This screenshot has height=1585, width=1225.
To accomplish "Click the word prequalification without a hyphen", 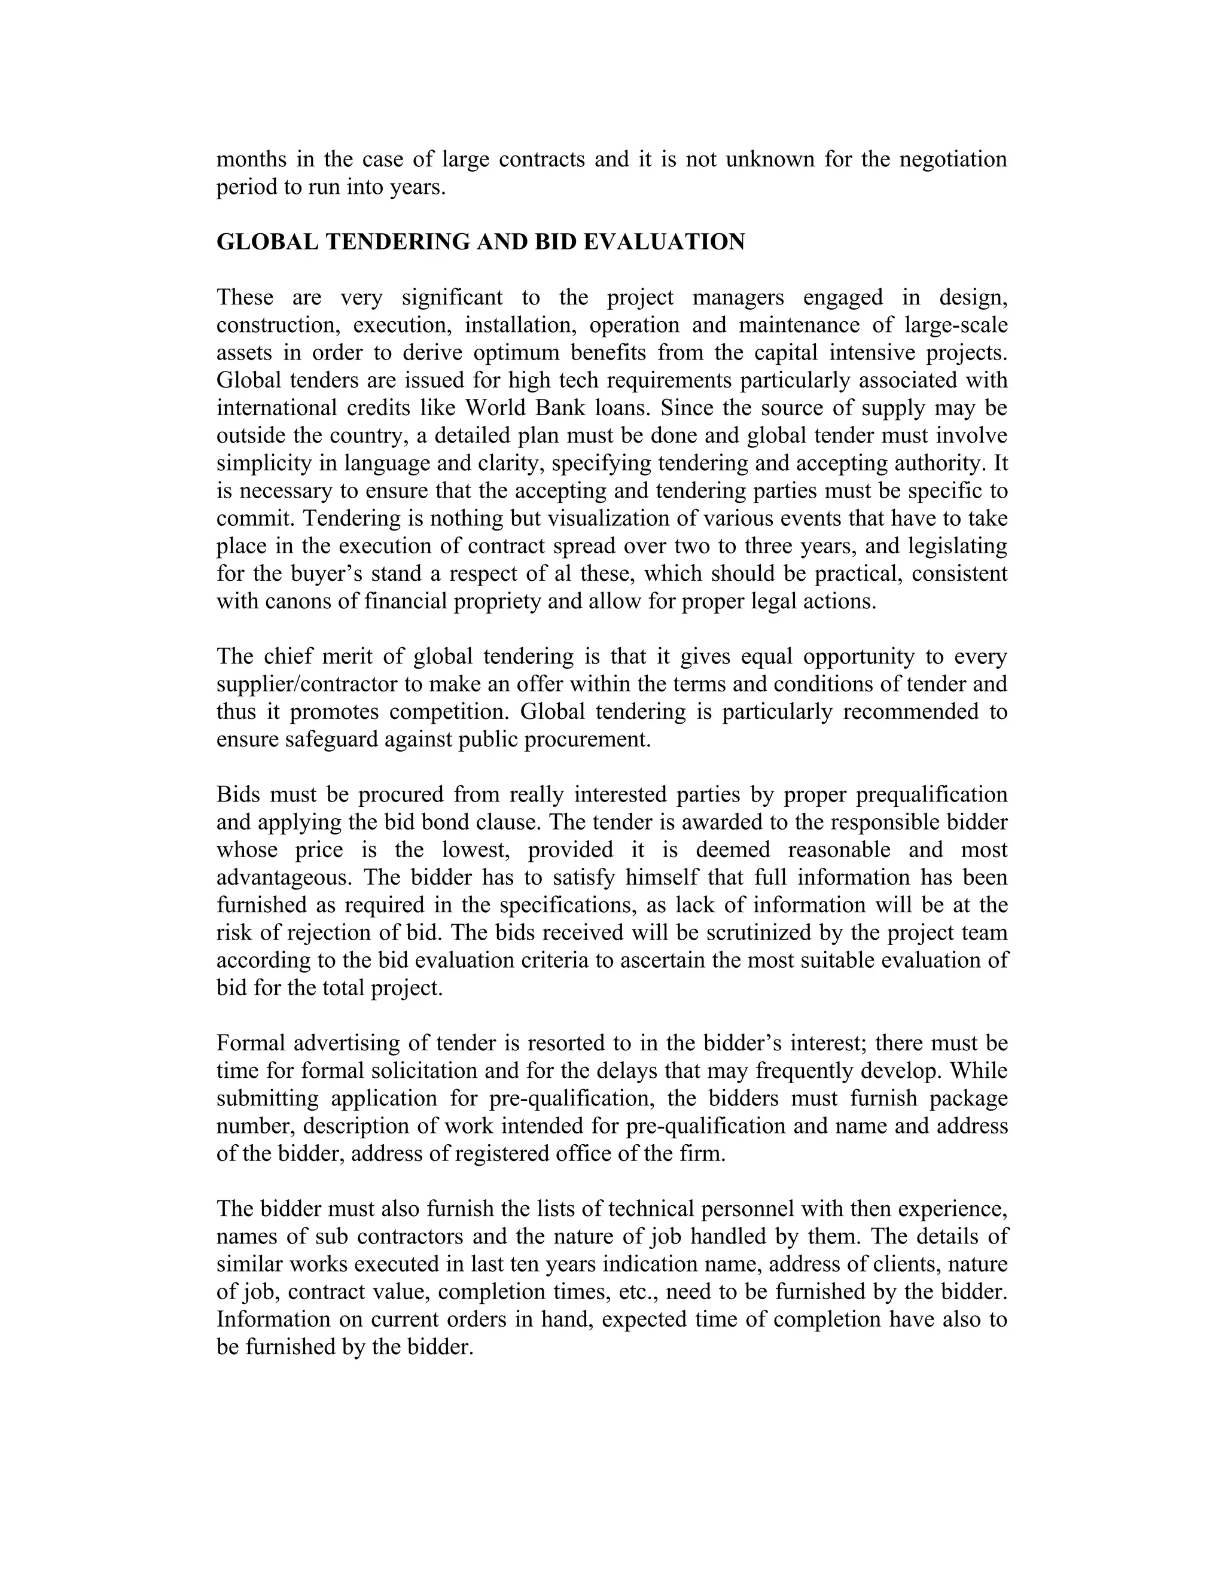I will [932, 795].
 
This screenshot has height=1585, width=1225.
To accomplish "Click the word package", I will [969, 1098].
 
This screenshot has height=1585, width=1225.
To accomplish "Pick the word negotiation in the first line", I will [953, 160].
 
